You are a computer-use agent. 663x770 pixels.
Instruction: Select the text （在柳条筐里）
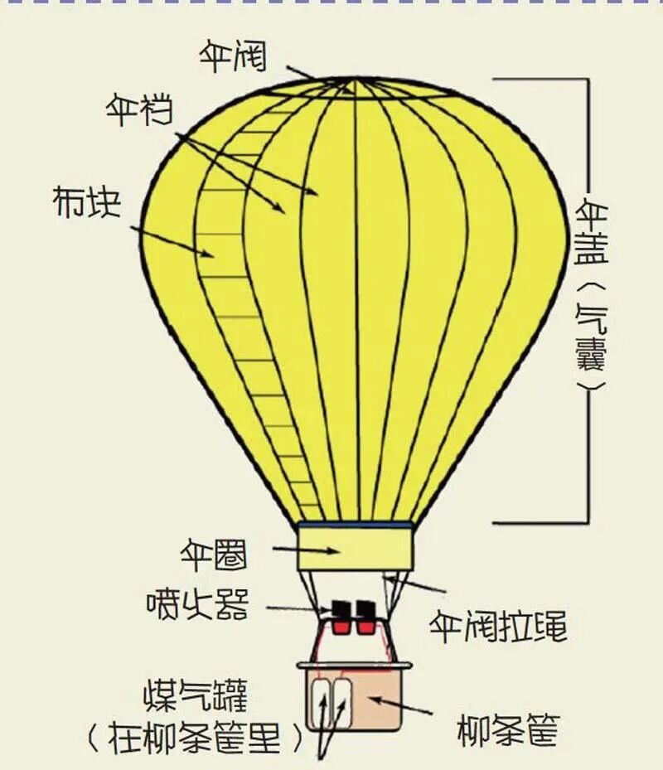tap(196, 738)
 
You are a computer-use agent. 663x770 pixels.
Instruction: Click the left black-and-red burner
tap(341, 618)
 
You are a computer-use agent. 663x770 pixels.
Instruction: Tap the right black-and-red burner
tap(365, 618)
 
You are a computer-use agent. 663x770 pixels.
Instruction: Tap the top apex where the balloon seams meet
tap(355, 80)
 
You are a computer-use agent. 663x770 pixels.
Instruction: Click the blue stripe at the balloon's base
tap(356, 525)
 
